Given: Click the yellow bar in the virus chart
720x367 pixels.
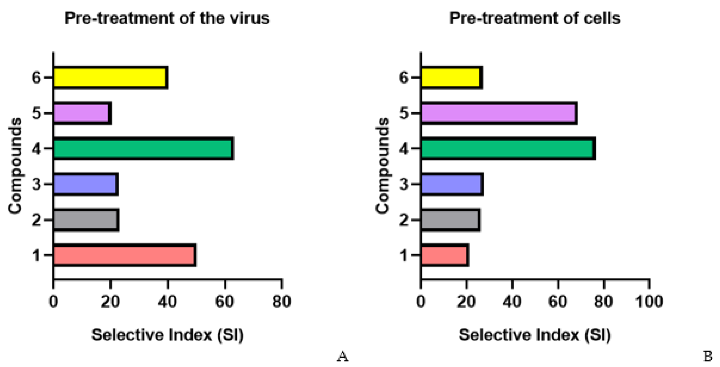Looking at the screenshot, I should click(110, 77).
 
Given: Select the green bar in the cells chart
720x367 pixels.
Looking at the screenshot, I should click(508, 149).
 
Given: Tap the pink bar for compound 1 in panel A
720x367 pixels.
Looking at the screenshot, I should click(124, 255).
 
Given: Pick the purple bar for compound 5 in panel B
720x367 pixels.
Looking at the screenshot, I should click(499, 113).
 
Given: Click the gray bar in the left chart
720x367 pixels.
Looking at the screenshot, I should click(86, 220).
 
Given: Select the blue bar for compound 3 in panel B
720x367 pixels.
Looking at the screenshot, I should click(452, 184).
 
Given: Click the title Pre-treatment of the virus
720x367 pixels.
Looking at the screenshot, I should click(167, 18).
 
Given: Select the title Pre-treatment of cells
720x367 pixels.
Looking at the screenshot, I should click(535, 18).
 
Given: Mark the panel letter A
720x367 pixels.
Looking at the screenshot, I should click(342, 356).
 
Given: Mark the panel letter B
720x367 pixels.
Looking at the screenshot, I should click(708, 356).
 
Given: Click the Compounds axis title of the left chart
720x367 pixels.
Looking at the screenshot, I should click(15, 166).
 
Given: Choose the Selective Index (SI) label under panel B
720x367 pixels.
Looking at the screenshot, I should click(535, 335).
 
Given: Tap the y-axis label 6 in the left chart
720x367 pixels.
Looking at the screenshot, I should click(36, 77).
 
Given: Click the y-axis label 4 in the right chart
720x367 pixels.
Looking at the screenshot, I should click(404, 149).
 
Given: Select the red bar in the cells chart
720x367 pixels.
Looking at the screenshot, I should click(444, 255).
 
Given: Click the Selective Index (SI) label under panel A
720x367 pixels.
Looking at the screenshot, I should click(167, 335).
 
